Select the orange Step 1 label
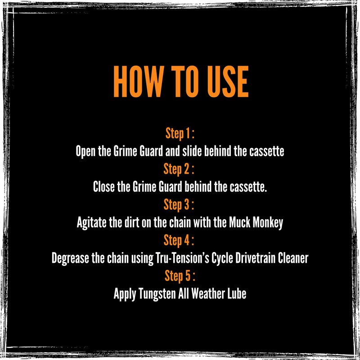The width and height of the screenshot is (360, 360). pyautogui.click(x=180, y=133)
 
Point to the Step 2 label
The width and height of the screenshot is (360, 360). pyautogui.click(x=179, y=169)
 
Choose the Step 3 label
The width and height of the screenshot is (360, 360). pyautogui.click(x=179, y=205)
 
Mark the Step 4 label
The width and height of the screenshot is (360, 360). pyautogui.click(x=179, y=240)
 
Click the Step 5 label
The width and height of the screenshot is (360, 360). pyautogui.click(x=180, y=276)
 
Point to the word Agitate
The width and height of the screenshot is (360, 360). pyautogui.click(x=91, y=223)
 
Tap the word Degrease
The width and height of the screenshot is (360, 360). pyautogui.click(x=70, y=258)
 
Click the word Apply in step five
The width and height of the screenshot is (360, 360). pyautogui.click(x=125, y=294)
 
